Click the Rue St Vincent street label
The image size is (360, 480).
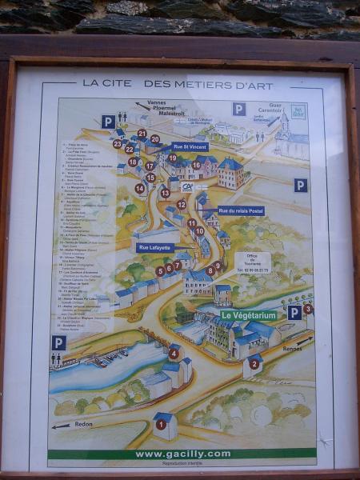[x=190, y=146]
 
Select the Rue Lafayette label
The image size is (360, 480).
[x=154, y=248]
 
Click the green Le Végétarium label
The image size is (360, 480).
[x=249, y=315]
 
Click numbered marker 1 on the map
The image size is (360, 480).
[x=161, y=424]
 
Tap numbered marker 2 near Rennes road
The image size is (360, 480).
[x=254, y=364]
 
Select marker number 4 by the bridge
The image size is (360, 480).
[x=173, y=353]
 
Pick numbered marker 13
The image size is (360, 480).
[x=165, y=193]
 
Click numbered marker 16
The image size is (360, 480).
[x=196, y=165]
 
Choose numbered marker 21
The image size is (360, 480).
[x=142, y=134]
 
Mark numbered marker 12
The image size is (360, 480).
[x=182, y=204]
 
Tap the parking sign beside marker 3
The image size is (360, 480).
[x=294, y=312]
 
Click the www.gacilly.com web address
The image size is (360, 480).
[x=182, y=454]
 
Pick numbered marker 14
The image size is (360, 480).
[x=140, y=189]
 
